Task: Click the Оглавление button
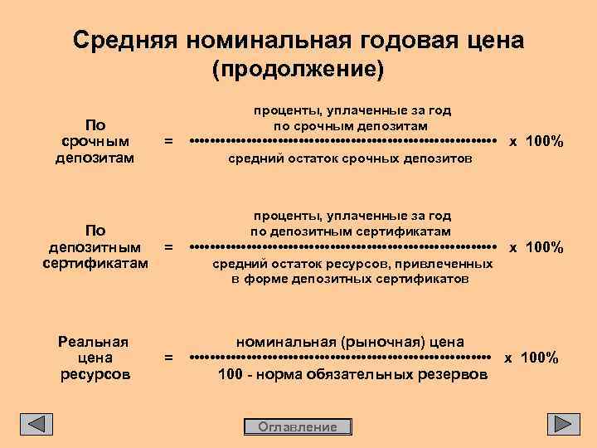298,426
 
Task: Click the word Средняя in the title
125,40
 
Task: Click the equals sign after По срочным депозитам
168,142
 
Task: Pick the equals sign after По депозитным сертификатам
168,247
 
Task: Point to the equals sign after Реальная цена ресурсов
168,358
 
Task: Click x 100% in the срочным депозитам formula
536,142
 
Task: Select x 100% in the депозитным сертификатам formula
536,247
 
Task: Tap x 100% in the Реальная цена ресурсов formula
531,358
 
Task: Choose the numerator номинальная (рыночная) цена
350,341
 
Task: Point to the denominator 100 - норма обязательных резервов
352,375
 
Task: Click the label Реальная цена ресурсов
95,358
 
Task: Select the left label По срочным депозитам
95,142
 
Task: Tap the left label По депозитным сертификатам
95,247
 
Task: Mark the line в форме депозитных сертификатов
349,280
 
